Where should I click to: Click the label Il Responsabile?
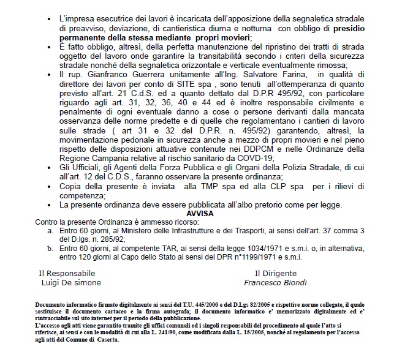67,273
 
